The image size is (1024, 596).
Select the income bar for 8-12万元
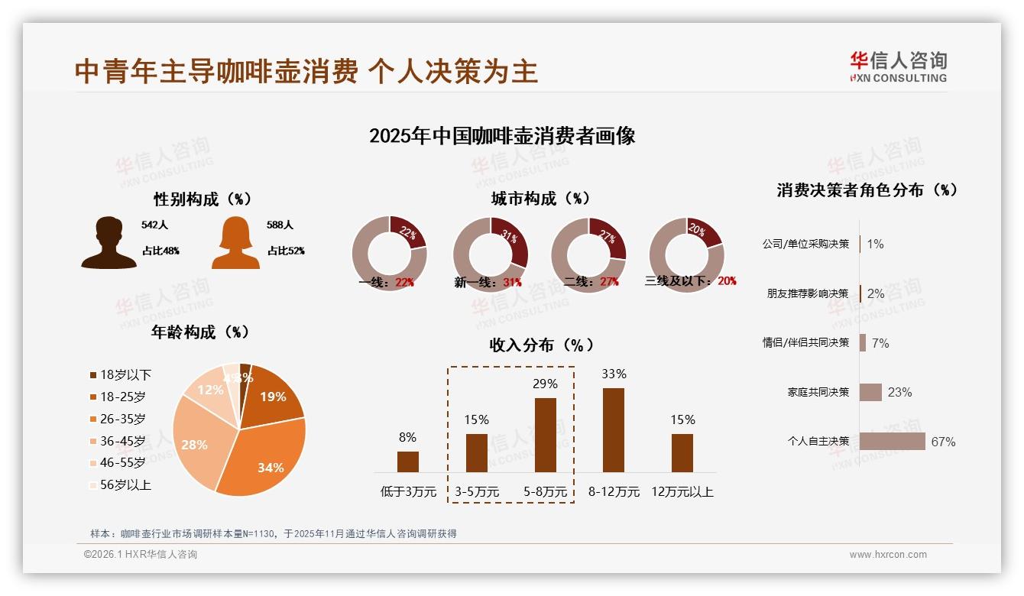click(x=614, y=429)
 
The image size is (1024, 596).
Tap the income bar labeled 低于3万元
click(x=408, y=462)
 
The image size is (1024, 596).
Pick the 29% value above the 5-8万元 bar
click(x=545, y=384)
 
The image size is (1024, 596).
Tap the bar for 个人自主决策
click(x=892, y=442)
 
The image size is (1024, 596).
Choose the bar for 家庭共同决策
click(x=870, y=392)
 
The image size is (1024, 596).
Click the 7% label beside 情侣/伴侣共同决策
click(x=880, y=343)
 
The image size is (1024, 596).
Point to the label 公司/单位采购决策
click(x=805, y=244)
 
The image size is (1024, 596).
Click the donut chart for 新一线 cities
click(x=491, y=254)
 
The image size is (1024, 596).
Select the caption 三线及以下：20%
click(x=690, y=281)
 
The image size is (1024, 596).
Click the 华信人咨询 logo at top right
click(x=898, y=66)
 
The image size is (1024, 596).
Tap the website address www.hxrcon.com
click(x=888, y=555)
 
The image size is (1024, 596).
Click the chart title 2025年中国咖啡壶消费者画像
click(x=502, y=136)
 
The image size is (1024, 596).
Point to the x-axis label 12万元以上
click(x=682, y=492)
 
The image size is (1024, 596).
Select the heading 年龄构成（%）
click(x=200, y=332)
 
